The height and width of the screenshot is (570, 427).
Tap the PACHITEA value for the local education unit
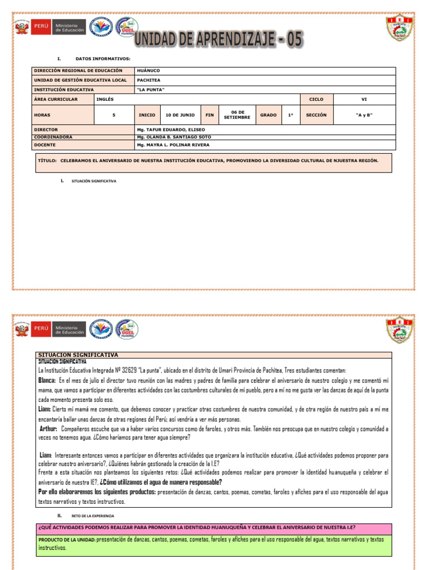coord(148,80)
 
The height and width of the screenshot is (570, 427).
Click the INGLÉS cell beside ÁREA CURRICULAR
coord(105,99)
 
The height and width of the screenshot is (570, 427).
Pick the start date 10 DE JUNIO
coord(180,115)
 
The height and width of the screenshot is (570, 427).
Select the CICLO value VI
coord(364,99)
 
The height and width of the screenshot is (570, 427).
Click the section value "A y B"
coord(364,115)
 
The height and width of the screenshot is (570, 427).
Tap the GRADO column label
coord(268,115)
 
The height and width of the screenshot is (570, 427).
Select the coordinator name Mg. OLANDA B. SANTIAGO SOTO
coord(173,136)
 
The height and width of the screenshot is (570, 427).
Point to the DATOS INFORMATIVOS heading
coord(103,58)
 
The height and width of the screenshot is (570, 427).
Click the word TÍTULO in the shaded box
coord(47,160)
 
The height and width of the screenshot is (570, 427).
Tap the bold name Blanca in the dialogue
coord(47,380)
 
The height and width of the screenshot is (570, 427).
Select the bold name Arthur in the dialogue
coord(49,429)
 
